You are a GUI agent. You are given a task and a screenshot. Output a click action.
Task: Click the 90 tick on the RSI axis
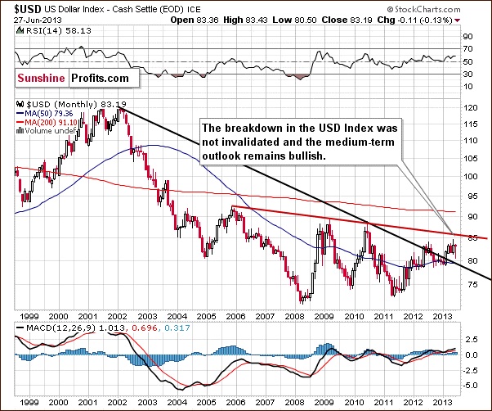pos(467,37)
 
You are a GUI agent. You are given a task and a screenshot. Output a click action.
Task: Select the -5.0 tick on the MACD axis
pos(468,384)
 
